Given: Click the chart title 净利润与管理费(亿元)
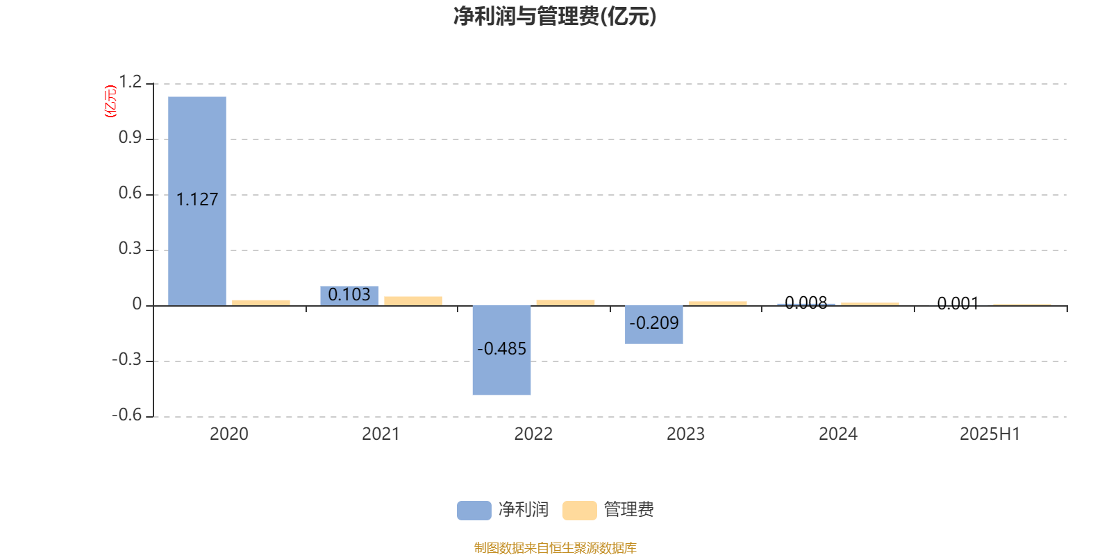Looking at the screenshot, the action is tap(555, 16).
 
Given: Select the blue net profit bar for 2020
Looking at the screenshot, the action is tap(197, 200).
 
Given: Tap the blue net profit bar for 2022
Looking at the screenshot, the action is tap(501, 350).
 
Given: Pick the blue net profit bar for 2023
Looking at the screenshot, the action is tap(653, 325).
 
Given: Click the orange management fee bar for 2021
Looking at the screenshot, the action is tap(413, 301).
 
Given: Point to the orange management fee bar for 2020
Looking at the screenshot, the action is tap(261, 302).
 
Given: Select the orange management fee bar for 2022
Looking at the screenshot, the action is tap(565, 302).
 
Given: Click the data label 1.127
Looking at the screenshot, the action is tap(197, 199).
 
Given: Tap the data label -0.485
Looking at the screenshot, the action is tap(501, 349).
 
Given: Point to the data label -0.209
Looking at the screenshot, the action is tap(653, 323).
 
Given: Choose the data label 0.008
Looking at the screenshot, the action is tap(806, 302).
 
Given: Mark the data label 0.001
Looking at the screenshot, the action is tap(958, 303).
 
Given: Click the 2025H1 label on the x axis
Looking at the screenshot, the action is tap(990, 434).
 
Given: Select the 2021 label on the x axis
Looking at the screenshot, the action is tap(381, 434).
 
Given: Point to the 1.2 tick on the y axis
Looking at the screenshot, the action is tap(130, 82).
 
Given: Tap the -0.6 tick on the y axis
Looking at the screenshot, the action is tap(127, 415).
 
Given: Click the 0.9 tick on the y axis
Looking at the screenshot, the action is tap(130, 137).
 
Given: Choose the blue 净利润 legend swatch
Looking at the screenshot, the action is tap(474, 511).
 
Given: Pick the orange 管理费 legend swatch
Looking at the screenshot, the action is tap(579, 511).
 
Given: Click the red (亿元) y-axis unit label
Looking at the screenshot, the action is tap(110, 101).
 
